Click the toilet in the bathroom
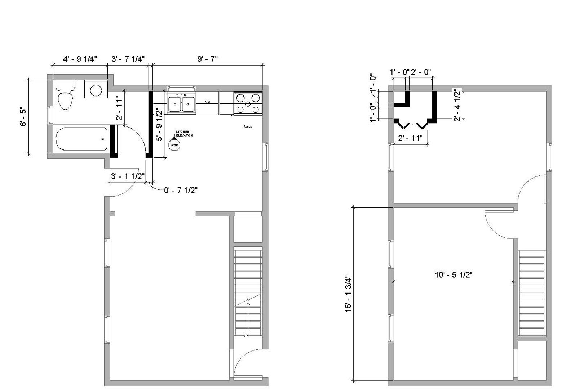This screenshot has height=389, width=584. point(65,95)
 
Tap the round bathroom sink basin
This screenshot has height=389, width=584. point(96,90)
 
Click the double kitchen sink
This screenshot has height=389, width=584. point(182,104)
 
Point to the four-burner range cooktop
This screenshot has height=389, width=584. point(248,103)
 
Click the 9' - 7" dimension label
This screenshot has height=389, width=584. point(207,59)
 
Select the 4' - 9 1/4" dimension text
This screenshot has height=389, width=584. point(80,59)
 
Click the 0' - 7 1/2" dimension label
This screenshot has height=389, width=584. point(181,190)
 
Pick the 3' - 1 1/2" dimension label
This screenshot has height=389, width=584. point(128,176)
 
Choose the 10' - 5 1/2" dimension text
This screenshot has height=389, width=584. point(454,275)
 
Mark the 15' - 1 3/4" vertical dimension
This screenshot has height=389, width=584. point(348,294)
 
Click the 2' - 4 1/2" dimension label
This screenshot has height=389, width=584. point(457,105)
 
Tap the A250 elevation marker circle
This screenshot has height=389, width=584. point(174,145)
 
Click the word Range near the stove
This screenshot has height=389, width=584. point(248,126)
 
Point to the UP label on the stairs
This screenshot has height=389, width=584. point(246,336)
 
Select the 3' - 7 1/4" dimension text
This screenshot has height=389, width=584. point(128,59)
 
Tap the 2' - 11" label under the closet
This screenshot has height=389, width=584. point(410,138)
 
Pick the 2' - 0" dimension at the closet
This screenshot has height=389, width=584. point(421,72)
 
